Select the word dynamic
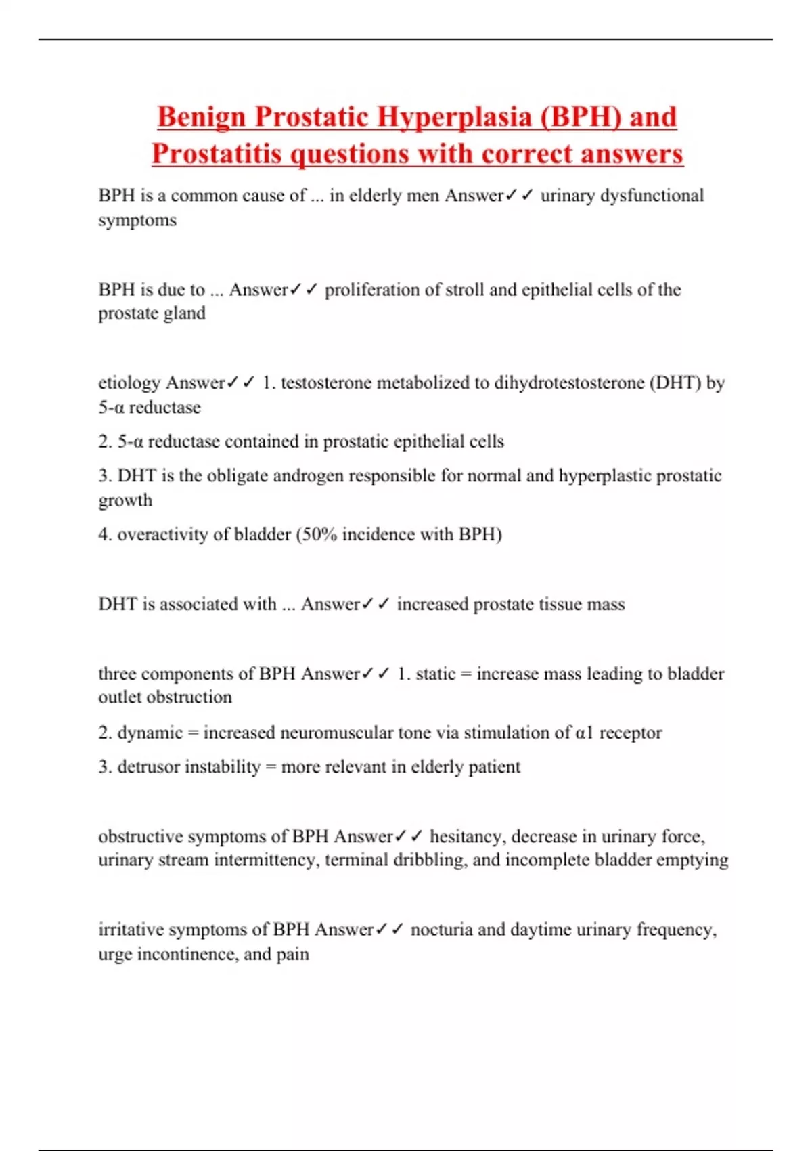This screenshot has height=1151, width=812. click(150, 733)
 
